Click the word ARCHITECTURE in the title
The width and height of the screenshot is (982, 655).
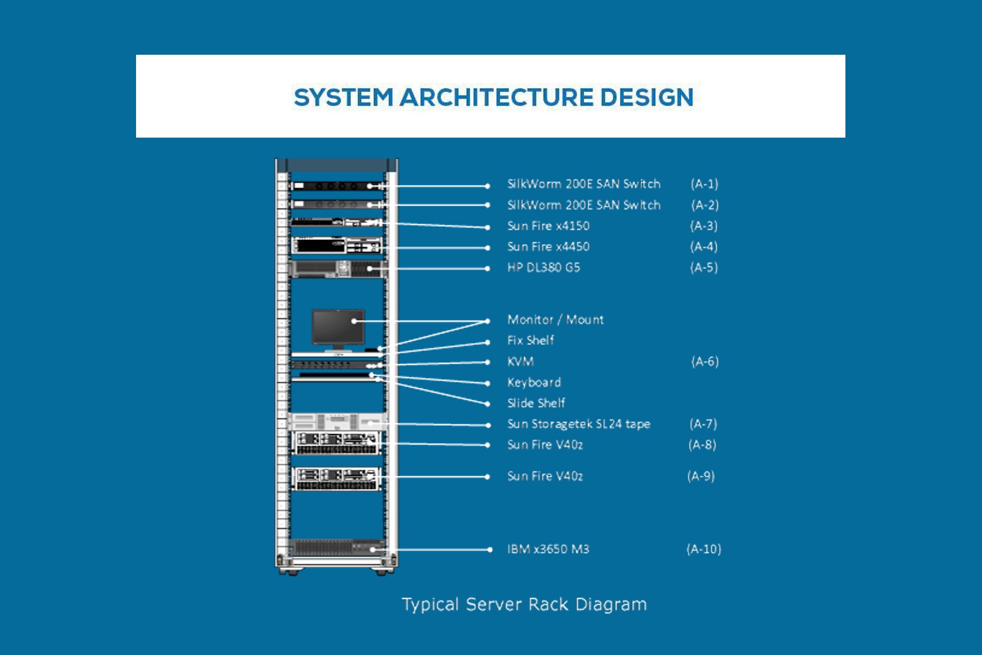click(x=496, y=97)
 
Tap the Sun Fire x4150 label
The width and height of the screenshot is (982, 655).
click(x=548, y=226)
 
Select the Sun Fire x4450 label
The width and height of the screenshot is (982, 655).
click(x=548, y=247)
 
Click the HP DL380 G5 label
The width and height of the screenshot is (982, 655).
click(x=543, y=268)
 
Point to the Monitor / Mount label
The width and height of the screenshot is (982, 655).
click(x=555, y=320)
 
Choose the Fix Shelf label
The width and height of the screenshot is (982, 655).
click(x=530, y=340)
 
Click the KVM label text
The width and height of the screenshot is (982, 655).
click(x=520, y=362)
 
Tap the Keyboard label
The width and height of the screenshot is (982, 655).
click(x=534, y=382)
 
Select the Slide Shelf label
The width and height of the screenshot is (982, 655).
click(x=535, y=403)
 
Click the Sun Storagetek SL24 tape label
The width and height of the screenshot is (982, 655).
click(x=578, y=424)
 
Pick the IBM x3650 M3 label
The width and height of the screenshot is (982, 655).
click(x=548, y=549)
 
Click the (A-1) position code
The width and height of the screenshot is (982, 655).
click(x=704, y=184)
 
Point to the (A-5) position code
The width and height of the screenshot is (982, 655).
click(x=704, y=268)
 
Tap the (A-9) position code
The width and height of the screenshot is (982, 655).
click(x=701, y=476)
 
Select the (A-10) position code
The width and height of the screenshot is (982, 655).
click(x=703, y=549)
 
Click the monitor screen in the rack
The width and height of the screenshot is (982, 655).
click(x=338, y=326)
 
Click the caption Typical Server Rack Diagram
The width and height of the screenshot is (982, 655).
click(x=524, y=604)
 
